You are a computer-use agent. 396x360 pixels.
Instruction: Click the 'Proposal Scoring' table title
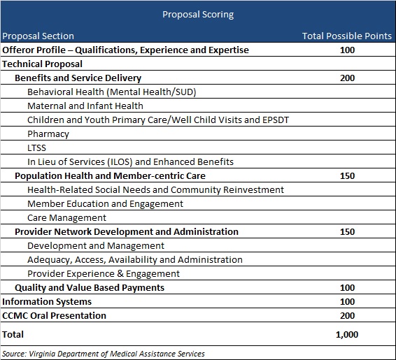tap(198, 15)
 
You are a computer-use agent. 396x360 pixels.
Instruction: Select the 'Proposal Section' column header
tap(38, 36)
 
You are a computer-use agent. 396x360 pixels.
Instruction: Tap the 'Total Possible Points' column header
tap(347, 36)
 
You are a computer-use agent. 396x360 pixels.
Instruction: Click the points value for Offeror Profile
tap(347, 50)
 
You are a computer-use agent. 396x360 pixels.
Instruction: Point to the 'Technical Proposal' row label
tap(42, 64)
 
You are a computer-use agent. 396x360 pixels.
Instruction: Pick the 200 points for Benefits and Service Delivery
tap(347, 78)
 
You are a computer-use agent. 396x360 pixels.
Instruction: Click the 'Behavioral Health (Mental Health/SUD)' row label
tap(112, 92)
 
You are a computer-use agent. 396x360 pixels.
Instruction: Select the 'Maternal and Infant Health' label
tap(85, 106)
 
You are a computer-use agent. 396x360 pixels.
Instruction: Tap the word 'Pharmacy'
tap(48, 134)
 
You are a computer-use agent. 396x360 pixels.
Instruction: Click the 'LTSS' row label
tap(36, 147)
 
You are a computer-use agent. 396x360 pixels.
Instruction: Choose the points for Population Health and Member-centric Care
tap(347, 176)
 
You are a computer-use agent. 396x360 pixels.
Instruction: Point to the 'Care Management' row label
tap(66, 218)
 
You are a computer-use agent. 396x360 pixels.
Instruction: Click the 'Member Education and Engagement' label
tap(105, 204)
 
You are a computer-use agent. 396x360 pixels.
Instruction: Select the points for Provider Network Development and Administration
tap(347, 232)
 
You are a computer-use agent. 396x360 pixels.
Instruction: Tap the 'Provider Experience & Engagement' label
tap(104, 274)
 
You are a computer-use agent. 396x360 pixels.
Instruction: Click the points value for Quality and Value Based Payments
tap(347, 288)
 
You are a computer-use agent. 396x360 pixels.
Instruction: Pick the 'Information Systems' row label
tap(47, 302)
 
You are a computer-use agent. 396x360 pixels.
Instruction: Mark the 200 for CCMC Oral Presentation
tap(347, 316)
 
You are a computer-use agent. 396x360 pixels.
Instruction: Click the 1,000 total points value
tap(347, 335)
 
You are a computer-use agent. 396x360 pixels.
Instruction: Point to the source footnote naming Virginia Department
tap(104, 354)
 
